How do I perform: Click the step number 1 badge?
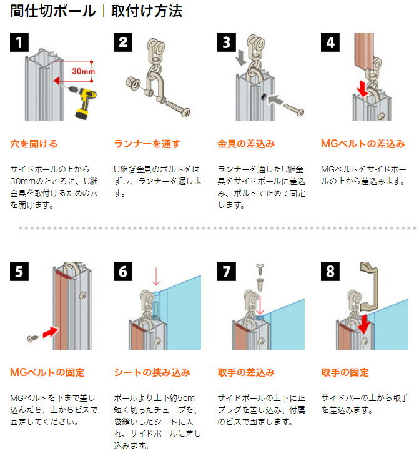point(19,42)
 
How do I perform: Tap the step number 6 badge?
point(123,272)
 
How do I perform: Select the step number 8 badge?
point(330,272)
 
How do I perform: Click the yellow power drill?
point(84,102)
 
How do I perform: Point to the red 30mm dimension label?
point(84,71)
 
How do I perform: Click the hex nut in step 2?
point(132,83)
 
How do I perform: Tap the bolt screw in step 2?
point(178,107)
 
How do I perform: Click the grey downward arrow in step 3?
point(241,57)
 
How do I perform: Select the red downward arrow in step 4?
point(362,89)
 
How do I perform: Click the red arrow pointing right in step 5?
point(51,332)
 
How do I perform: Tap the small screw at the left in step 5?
point(32,338)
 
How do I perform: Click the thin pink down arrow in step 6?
point(156,276)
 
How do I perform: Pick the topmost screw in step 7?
point(260,269)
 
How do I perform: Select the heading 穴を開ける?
point(34,144)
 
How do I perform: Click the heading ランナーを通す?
point(147,144)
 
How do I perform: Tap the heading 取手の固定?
point(345,372)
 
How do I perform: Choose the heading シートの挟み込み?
point(152,372)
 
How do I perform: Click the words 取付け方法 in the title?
point(147,11)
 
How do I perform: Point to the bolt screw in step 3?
point(294,109)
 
